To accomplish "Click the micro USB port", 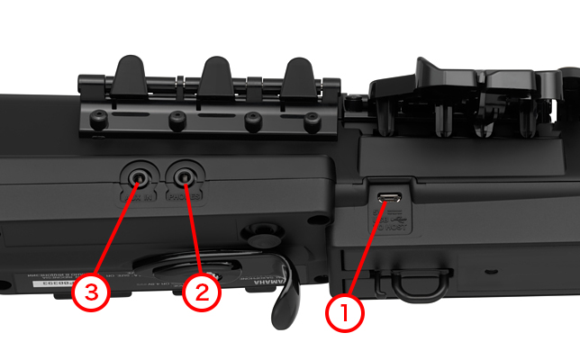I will [x=389, y=197].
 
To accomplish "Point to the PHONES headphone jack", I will [x=186, y=174].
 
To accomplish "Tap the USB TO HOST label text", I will [x=393, y=221].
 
